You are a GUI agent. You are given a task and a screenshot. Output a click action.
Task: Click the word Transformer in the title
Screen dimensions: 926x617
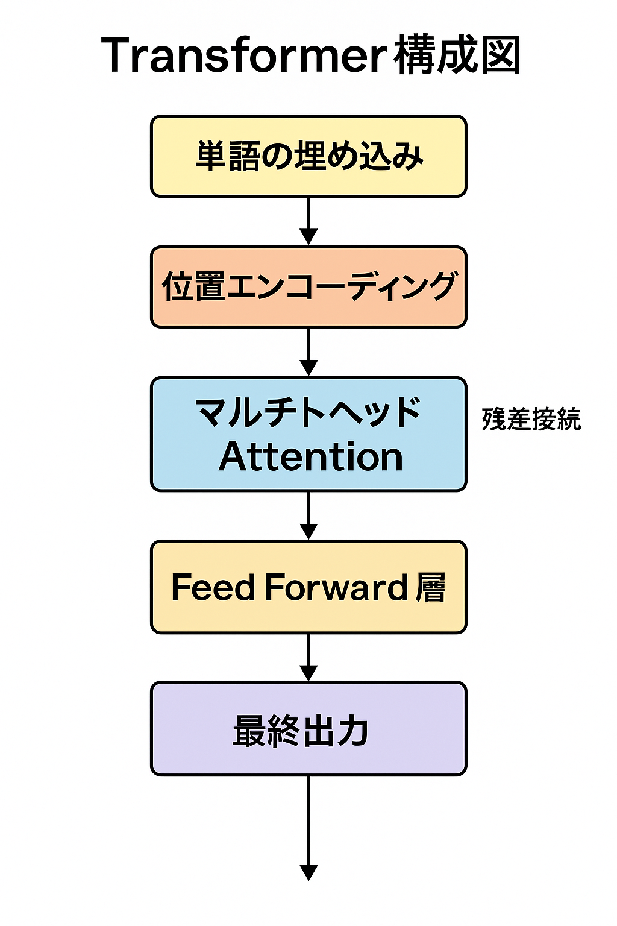(x=244, y=55)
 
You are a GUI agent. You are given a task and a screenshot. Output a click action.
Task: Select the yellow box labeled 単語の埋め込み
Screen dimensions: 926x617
(x=308, y=156)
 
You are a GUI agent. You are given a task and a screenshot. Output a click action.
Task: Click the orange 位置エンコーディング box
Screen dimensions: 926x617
(x=308, y=287)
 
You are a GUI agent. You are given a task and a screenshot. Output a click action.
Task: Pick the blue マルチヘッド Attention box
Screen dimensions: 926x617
(x=308, y=434)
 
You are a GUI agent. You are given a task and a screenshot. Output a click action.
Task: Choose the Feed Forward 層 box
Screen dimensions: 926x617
(x=308, y=587)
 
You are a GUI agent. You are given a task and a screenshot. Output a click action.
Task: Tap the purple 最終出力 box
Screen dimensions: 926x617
(x=308, y=729)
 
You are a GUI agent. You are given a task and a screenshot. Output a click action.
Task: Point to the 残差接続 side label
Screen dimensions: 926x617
(x=531, y=419)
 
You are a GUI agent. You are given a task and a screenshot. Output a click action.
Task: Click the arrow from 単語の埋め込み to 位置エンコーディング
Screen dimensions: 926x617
(x=308, y=221)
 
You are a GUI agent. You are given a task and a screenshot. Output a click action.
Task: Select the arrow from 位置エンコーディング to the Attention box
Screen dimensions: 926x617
(x=308, y=352)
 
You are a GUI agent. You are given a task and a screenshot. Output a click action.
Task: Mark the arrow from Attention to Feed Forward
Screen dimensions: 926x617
(x=308, y=515)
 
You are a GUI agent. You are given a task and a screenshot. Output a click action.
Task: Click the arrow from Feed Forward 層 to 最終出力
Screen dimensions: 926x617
(x=308, y=657)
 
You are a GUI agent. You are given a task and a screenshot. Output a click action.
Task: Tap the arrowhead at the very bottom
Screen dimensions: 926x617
(x=308, y=872)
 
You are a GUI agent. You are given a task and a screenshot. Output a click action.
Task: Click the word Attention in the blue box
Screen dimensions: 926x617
(x=310, y=457)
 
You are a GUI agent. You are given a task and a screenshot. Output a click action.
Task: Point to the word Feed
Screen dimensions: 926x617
(x=213, y=587)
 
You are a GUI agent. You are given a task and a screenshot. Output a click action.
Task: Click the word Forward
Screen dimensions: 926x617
(x=336, y=587)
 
